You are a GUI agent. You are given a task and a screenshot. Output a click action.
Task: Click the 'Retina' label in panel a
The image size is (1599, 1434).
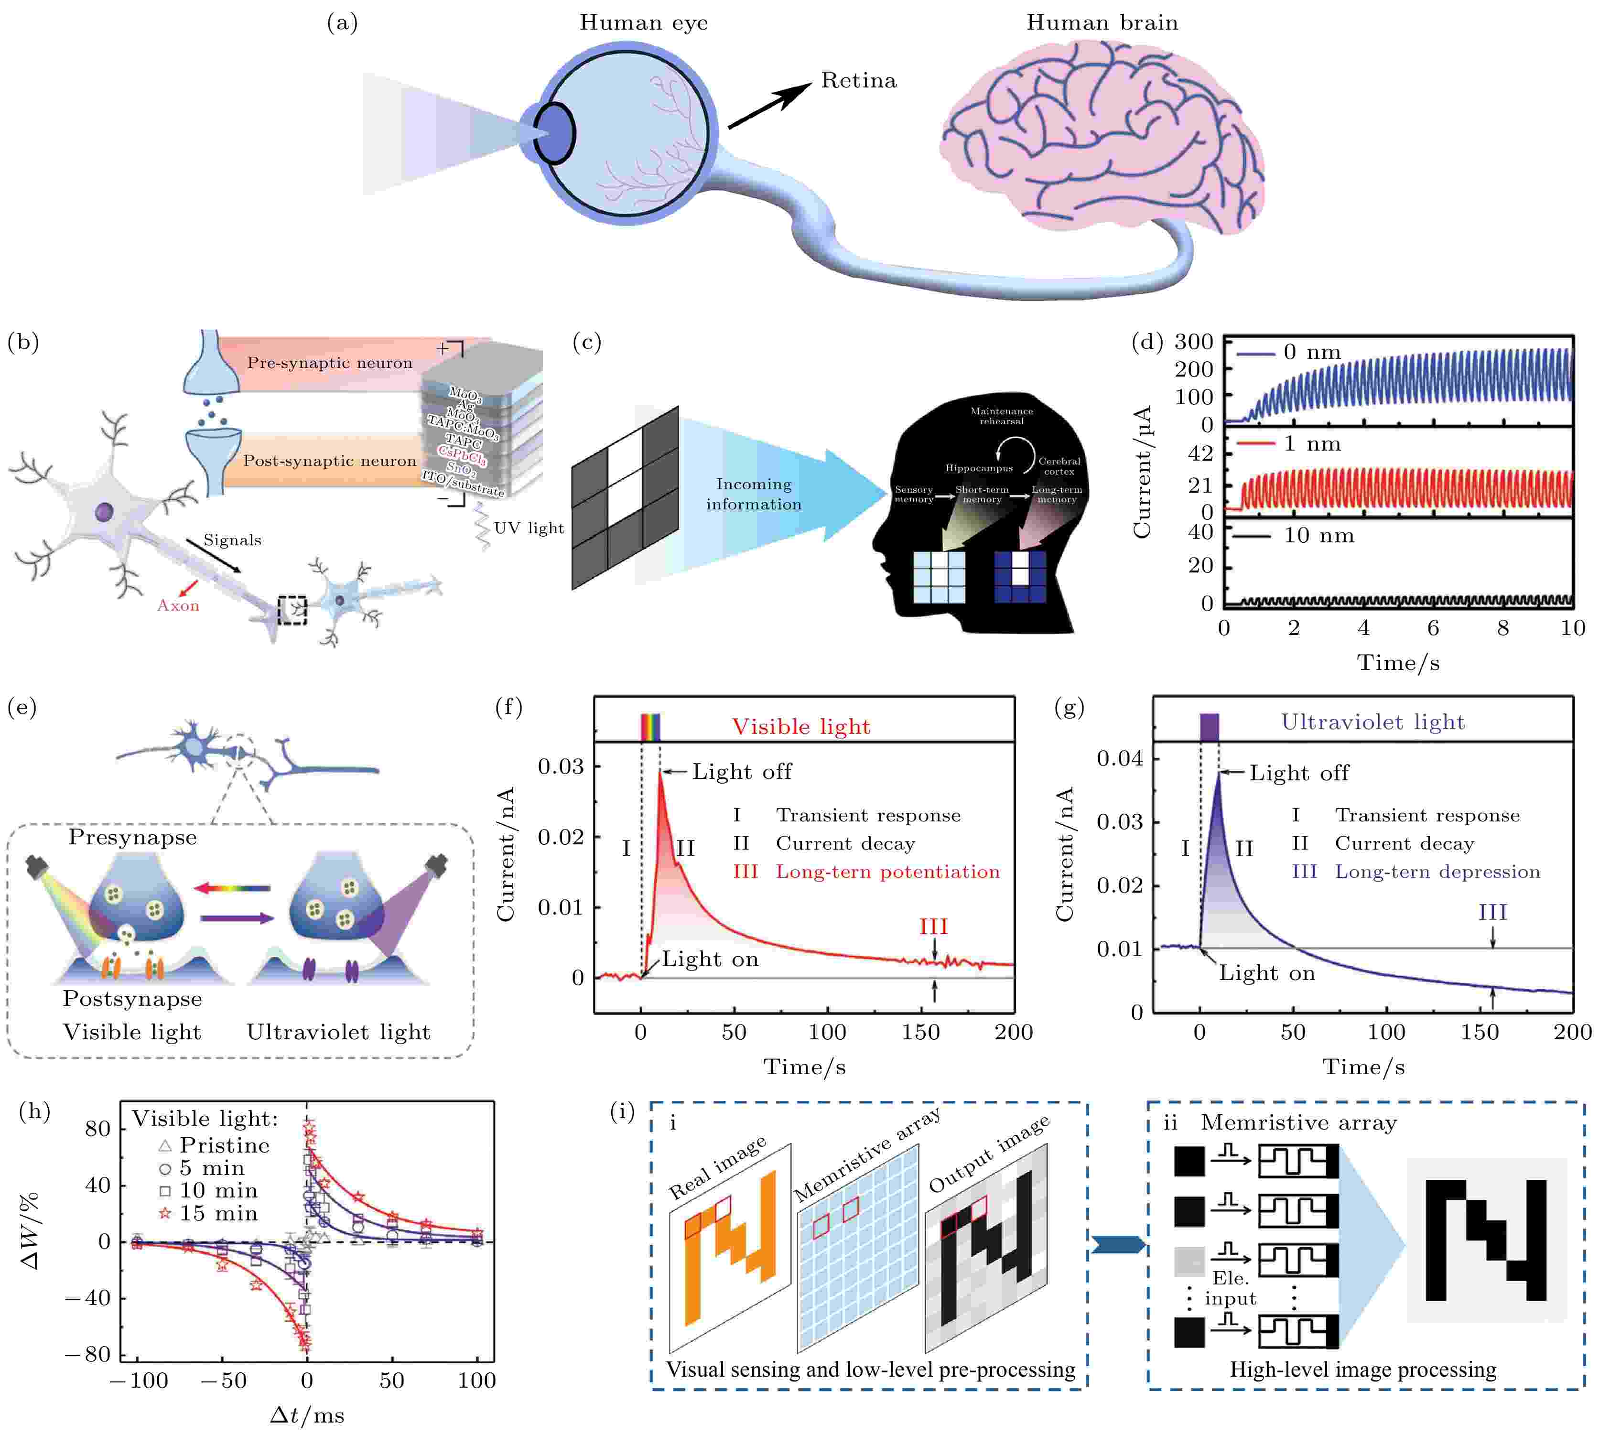click(858, 80)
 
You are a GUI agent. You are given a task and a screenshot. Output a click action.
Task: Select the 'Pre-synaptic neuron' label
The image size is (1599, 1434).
click(329, 362)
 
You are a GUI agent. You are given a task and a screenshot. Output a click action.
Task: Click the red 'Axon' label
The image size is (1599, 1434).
click(178, 605)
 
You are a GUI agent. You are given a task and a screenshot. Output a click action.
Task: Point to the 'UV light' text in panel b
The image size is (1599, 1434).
click(529, 528)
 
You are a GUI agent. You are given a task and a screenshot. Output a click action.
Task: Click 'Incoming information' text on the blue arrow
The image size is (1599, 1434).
click(754, 494)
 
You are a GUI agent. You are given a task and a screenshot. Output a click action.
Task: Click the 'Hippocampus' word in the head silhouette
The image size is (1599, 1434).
click(979, 468)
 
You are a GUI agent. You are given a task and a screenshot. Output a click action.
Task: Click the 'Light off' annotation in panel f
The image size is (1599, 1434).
click(742, 771)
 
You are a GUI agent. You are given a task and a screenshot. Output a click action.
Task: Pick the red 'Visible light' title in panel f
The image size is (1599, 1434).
click(800, 726)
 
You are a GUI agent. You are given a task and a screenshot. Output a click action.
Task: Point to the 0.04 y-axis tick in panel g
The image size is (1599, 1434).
click(1119, 759)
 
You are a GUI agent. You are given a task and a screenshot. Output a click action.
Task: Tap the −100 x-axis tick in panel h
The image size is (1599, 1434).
click(138, 1380)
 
